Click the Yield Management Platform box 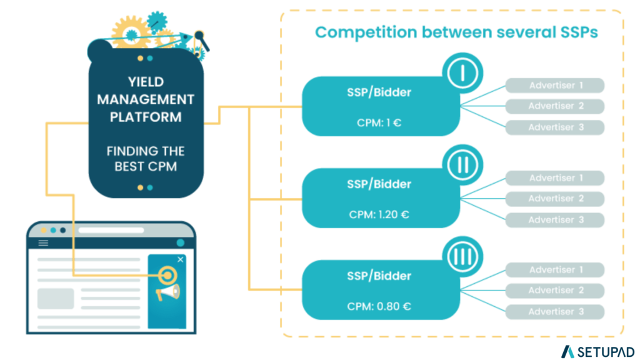(146, 125)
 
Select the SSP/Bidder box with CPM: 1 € (380, 106)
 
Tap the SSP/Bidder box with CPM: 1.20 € (380, 198)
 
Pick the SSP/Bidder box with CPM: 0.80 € (380, 290)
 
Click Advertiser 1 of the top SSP (555, 86)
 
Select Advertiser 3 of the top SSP (555, 127)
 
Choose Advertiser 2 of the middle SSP (555, 199)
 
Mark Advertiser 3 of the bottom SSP (555, 312)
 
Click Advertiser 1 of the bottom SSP (555, 270)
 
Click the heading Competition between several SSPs (456, 32)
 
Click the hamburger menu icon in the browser (43, 243)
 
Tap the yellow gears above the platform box (134, 31)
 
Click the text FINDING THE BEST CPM (146, 159)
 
